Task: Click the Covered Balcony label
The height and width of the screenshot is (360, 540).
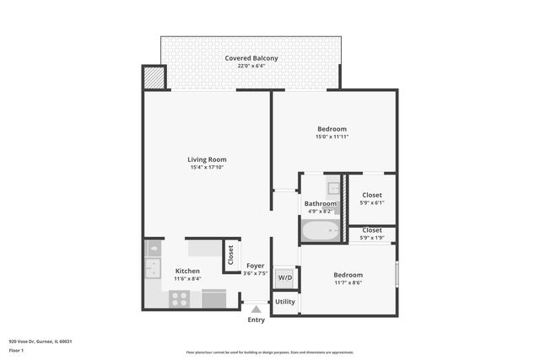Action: (x=251, y=58)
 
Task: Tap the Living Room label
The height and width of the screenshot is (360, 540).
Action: (x=207, y=159)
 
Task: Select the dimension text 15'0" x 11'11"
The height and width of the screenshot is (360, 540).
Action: (x=332, y=137)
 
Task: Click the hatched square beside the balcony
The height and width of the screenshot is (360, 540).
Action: (x=153, y=78)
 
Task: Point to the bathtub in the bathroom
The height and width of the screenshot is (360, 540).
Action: (x=321, y=230)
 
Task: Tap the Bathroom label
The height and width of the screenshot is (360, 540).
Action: (x=321, y=204)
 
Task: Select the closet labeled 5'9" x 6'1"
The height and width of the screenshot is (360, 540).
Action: (x=371, y=199)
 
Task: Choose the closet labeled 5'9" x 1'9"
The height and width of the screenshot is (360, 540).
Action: (x=371, y=234)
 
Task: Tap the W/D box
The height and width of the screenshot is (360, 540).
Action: (x=285, y=277)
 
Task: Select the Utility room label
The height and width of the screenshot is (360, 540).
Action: (x=285, y=301)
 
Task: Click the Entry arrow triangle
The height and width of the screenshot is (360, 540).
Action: (x=256, y=309)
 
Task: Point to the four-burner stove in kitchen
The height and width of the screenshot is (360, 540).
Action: (x=179, y=298)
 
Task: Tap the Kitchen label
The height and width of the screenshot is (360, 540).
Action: (x=187, y=271)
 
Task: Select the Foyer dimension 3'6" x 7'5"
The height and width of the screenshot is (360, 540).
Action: (x=255, y=273)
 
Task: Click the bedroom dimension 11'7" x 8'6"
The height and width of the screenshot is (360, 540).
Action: (x=348, y=283)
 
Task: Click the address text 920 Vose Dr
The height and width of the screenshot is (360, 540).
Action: (x=40, y=341)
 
